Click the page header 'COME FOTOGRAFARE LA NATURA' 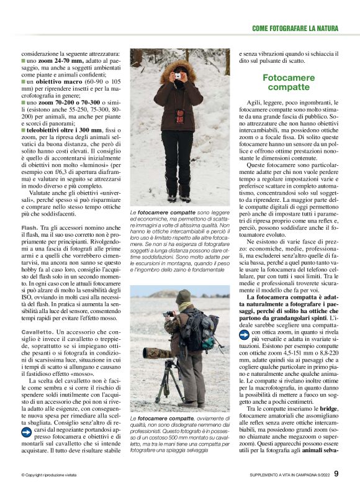coord(295,29)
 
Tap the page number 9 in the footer coord(336,474)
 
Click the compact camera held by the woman coord(178,76)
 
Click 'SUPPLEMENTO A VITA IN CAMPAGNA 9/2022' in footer coord(285,475)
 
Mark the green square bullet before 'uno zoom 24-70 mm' coord(23,62)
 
